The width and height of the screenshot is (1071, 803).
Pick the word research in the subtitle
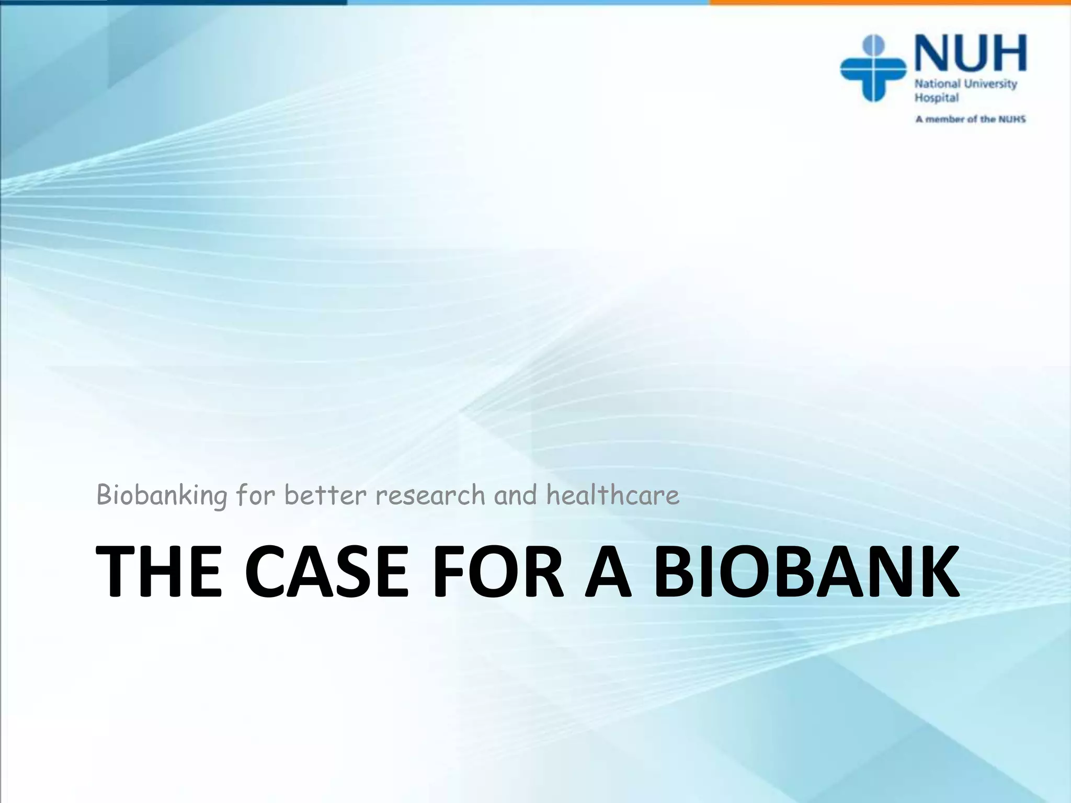430,495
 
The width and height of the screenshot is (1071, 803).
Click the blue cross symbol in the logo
873,68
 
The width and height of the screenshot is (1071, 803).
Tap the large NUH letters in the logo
971,53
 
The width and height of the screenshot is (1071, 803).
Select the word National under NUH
937,84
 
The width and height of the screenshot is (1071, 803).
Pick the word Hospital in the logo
936,98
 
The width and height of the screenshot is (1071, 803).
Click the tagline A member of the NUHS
970,119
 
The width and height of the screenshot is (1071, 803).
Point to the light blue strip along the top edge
528,2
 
